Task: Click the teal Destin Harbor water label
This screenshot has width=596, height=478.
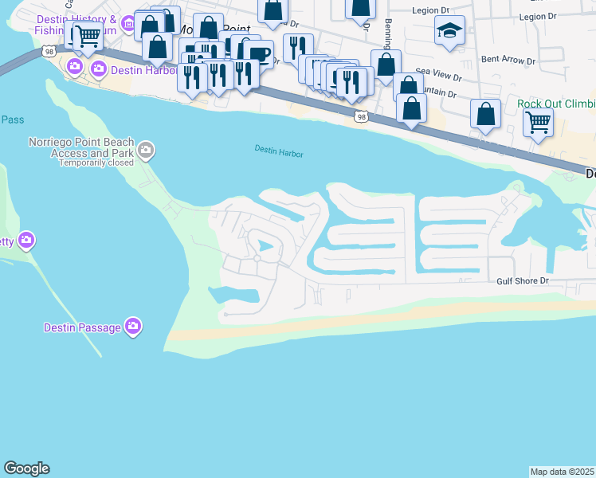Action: coord(279,151)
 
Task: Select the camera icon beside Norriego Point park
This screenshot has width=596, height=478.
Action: coord(146,149)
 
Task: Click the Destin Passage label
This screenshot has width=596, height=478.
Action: coord(83,327)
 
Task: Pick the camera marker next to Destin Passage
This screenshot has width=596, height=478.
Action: coord(133,326)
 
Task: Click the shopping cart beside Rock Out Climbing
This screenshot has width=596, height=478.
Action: coord(538,123)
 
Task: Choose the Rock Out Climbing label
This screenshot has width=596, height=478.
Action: coord(555,104)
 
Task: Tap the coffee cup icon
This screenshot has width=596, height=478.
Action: coord(259,53)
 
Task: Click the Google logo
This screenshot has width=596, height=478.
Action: coord(27,468)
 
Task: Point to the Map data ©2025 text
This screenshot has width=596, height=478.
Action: coord(561,472)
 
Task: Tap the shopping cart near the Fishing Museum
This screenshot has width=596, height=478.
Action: coord(87,35)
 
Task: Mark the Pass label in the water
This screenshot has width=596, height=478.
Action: coord(13,119)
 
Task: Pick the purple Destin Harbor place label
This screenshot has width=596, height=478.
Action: coord(140,69)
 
